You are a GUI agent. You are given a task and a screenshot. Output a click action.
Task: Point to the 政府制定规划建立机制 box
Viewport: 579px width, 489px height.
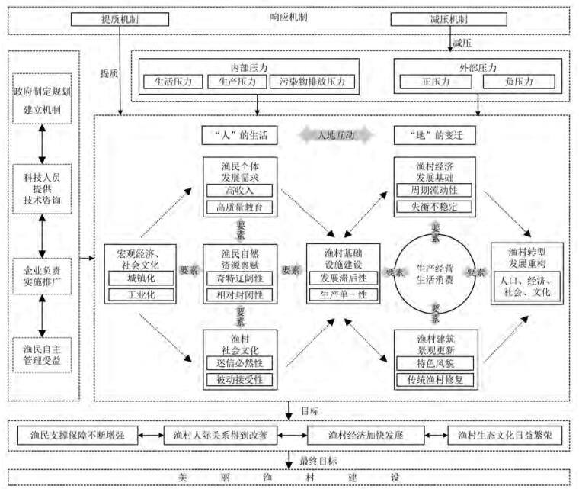pos(43,101)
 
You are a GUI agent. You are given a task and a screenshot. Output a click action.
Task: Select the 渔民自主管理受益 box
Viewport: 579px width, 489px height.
pos(43,355)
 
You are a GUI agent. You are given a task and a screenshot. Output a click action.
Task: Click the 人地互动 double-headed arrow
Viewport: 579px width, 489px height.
pos(335,135)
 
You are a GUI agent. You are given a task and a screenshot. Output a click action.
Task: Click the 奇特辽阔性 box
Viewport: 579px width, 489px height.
pos(238,277)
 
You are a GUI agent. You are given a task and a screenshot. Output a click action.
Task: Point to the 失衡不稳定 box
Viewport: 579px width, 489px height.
pos(434,207)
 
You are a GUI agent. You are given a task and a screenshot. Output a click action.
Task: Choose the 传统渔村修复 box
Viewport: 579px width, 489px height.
pos(434,379)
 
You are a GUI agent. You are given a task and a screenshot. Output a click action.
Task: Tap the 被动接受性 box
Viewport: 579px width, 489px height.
pos(238,379)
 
